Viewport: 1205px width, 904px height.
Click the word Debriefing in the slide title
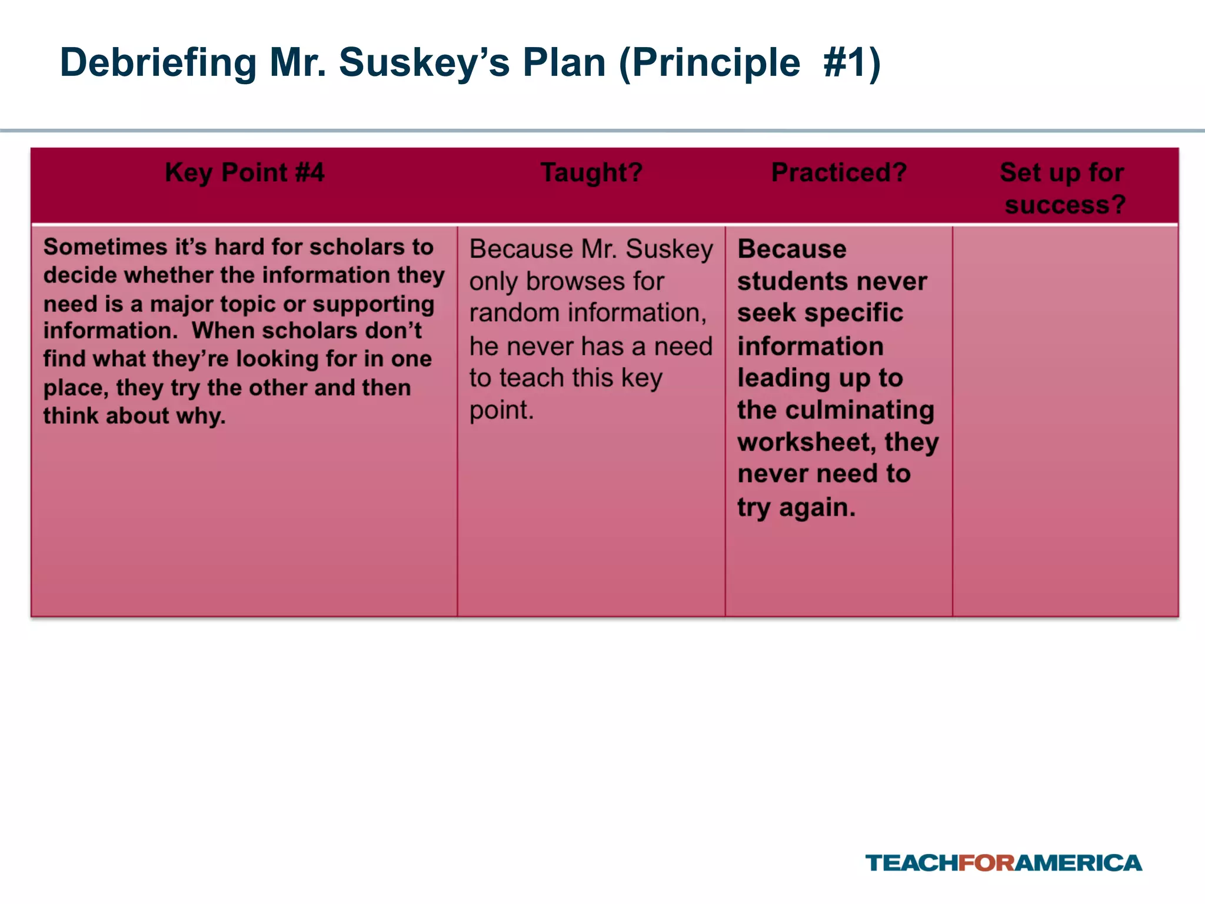[x=158, y=62]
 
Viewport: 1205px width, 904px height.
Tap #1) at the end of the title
[x=851, y=62]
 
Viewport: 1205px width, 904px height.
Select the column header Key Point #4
[x=244, y=172]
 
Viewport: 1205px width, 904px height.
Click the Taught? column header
[x=591, y=172]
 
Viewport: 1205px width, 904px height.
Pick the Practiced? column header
[x=839, y=172]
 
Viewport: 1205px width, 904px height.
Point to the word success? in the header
[x=1065, y=205]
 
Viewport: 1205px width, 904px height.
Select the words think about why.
[x=134, y=416]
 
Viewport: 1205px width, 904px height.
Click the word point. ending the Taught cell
[x=501, y=410]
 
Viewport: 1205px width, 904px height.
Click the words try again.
[x=796, y=507]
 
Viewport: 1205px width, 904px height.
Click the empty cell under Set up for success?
[x=1065, y=421]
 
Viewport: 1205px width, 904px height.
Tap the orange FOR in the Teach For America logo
[x=986, y=863]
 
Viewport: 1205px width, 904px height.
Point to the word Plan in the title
[x=564, y=62]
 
